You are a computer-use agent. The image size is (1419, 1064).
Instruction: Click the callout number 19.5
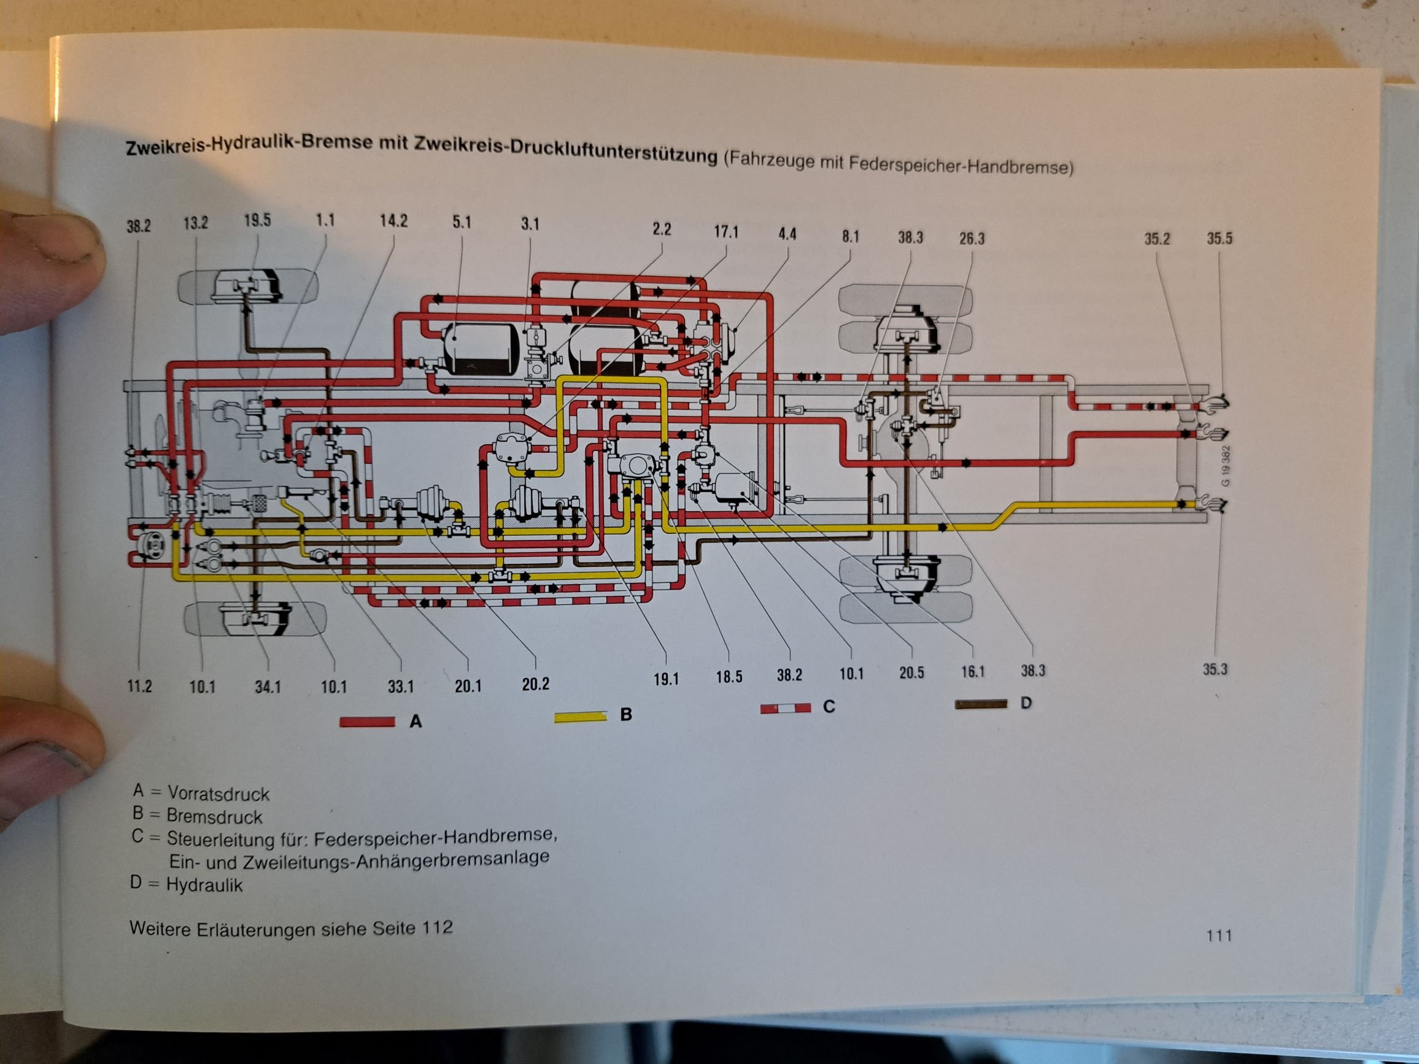point(257,221)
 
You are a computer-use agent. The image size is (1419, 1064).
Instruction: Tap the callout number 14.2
point(393,222)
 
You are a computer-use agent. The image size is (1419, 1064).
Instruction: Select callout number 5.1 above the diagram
point(462,223)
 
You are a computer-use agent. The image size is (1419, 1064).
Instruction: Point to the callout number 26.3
point(971,239)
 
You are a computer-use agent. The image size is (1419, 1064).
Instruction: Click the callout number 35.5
point(1219,239)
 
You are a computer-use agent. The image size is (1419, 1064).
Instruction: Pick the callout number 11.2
point(139,687)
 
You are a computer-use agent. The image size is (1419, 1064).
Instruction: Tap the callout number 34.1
point(268,687)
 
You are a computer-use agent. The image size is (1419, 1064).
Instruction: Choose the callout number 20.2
point(535,684)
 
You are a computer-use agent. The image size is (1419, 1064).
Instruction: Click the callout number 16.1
point(973,671)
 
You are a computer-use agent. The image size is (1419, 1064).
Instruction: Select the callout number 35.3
point(1215,669)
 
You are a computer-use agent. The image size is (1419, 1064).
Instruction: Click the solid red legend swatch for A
point(368,722)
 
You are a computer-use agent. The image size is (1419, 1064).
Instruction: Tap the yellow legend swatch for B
point(580,715)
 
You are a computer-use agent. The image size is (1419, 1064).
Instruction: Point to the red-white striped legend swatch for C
point(785,708)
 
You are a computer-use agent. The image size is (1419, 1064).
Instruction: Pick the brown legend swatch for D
point(980,704)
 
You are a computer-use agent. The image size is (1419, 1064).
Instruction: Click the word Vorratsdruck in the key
point(218,794)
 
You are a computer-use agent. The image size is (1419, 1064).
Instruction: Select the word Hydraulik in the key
point(204,885)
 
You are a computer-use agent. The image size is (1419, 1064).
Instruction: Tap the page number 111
point(1218,936)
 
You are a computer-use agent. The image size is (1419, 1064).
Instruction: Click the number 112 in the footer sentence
point(437,927)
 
